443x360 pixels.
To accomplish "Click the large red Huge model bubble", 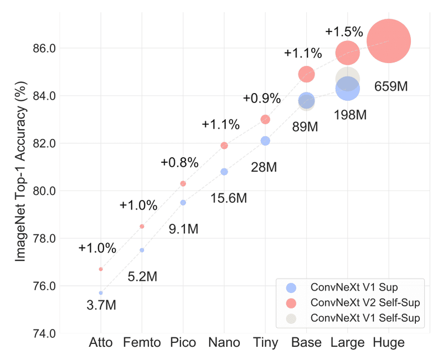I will tap(389, 41).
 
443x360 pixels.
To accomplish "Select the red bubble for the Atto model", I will tap(101, 269).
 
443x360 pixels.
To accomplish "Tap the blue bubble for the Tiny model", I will tap(265, 141).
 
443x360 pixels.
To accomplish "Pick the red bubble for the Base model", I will tap(306, 74).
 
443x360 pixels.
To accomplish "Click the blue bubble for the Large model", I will tap(348, 88).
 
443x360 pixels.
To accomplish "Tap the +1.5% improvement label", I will tap(344, 31).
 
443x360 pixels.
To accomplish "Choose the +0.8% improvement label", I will tap(179, 163).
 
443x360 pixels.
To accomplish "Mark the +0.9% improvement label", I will tap(261, 99).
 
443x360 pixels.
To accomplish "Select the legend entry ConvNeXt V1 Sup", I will tap(354, 287).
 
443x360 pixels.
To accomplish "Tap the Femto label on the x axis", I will tap(142, 343).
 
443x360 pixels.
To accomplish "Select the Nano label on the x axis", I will tap(224, 343).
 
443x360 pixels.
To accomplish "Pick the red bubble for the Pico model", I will tap(183, 183).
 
